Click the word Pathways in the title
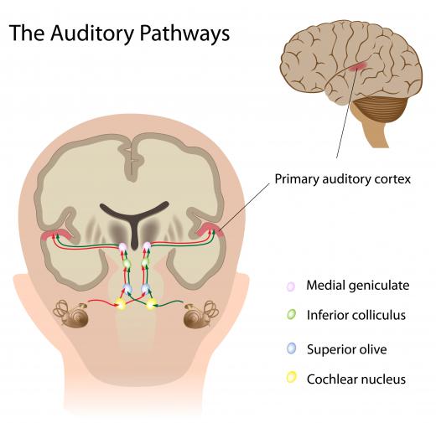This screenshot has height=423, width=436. click(x=184, y=33)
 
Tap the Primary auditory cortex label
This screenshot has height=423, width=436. click(x=343, y=179)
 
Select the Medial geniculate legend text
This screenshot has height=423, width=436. click(x=358, y=286)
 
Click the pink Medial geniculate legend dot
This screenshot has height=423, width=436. click(x=291, y=286)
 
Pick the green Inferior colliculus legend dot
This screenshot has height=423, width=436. click(x=291, y=314)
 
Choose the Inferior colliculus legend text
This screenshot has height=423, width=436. click(x=356, y=315)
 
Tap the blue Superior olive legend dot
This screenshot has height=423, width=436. click(x=291, y=348)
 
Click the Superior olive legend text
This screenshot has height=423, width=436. click(x=347, y=349)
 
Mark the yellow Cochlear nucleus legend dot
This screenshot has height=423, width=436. click(x=291, y=377)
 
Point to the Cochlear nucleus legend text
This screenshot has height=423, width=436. click(x=356, y=379)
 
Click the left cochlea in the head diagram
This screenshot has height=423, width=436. click(x=72, y=314)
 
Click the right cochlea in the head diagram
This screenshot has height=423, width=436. click(x=200, y=314)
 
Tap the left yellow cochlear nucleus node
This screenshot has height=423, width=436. click(x=121, y=304)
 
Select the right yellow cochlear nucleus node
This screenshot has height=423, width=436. click(x=151, y=304)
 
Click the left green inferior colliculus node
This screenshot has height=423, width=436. click(x=127, y=263)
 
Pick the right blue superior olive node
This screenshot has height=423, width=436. click(x=145, y=288)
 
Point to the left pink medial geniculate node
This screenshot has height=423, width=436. click(x=123, y=247)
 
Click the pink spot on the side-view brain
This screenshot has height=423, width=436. click(x=357, y=66)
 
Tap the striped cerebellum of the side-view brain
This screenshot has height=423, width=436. click(x=379, y=108)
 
